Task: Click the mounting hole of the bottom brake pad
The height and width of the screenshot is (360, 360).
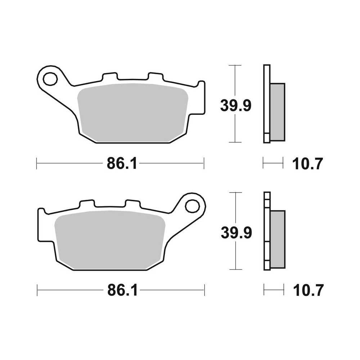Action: click(x=192, y=206)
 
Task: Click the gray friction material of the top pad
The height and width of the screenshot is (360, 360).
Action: click(x=133, y=112)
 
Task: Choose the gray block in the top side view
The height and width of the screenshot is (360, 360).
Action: click(x=277, y=112)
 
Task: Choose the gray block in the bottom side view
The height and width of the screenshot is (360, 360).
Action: click(x=277, y=239)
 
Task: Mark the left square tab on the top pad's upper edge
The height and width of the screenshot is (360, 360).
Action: click(x=110, y=77)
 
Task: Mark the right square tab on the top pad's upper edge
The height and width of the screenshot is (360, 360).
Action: click(x=155, y=77)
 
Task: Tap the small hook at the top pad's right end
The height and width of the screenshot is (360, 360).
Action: click(x=201, y=86)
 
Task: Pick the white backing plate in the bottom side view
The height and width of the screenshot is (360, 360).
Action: click(x=266, y=230)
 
